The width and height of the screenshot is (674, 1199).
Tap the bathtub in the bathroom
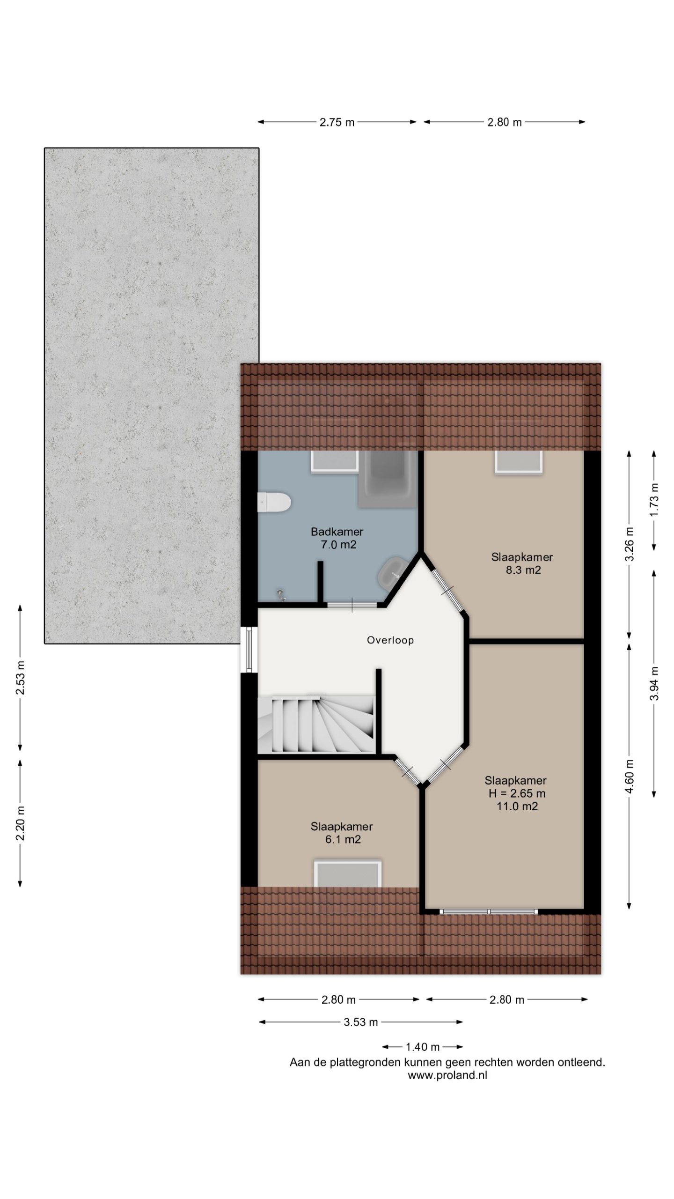387,479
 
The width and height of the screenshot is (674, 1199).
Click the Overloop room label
390,640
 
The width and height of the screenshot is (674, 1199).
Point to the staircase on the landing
316,724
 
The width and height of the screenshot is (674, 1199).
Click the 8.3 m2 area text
523,570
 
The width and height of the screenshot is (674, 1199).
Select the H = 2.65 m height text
517,793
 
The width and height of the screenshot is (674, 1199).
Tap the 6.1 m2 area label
343,839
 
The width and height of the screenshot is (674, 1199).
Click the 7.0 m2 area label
338,545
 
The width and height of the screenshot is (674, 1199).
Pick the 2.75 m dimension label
337,122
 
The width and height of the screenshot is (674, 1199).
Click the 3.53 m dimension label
361,1022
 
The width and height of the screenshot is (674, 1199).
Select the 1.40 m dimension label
423,1047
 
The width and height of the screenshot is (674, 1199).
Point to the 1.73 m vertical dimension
654,500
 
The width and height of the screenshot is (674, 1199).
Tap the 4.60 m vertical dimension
630,777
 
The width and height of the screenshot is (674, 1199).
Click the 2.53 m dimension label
21,678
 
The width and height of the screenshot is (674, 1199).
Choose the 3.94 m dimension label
654,683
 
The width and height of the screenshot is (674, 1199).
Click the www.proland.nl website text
447,1075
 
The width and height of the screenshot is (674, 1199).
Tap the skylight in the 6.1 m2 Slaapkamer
347,873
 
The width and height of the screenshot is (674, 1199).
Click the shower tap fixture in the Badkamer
281,595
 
